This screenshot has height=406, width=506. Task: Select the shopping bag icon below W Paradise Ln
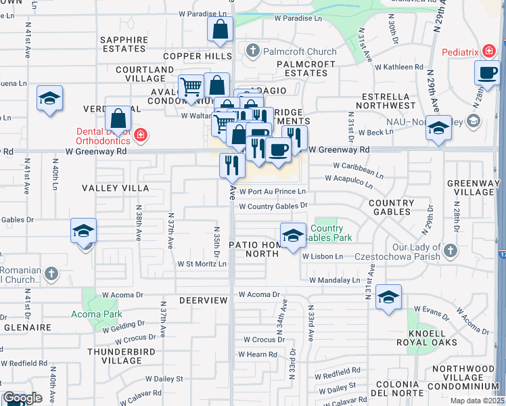pyautogui.click(x=221, y=30)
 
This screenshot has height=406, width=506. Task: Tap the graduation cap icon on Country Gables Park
pyautogui.click(x=293, y=235)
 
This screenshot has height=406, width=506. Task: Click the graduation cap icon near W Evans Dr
pyautogui.click(x=388, y=298)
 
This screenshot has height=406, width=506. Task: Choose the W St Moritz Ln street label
pyautogui.click(x=202, y=264)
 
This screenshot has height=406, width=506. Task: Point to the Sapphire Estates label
pyautogui.click(x=124, y=45)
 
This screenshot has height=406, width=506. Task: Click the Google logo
pyautogui.click(x=22, y=398)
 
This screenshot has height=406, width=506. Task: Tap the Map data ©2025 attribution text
pyautogui.click(x=476, y=401)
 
